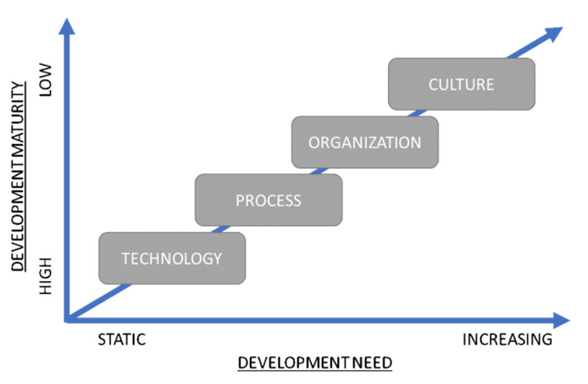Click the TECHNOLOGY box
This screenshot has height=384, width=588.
point(172,258)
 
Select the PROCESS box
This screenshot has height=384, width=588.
point(269,200)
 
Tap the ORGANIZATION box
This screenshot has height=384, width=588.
point(365,142)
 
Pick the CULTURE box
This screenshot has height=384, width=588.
point(461,84)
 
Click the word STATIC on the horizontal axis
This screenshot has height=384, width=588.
point(122,339)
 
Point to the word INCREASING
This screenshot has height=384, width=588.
point(507,339)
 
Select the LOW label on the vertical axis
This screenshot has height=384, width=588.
point(46,79)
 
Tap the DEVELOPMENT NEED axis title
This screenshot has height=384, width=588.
point(315,363)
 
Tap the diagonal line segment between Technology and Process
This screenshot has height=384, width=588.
point(220,229)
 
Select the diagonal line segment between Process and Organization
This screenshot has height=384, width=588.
point(318,171)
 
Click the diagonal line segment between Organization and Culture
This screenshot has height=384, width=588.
point(414,113)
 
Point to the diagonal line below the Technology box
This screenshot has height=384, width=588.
point(103,299)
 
